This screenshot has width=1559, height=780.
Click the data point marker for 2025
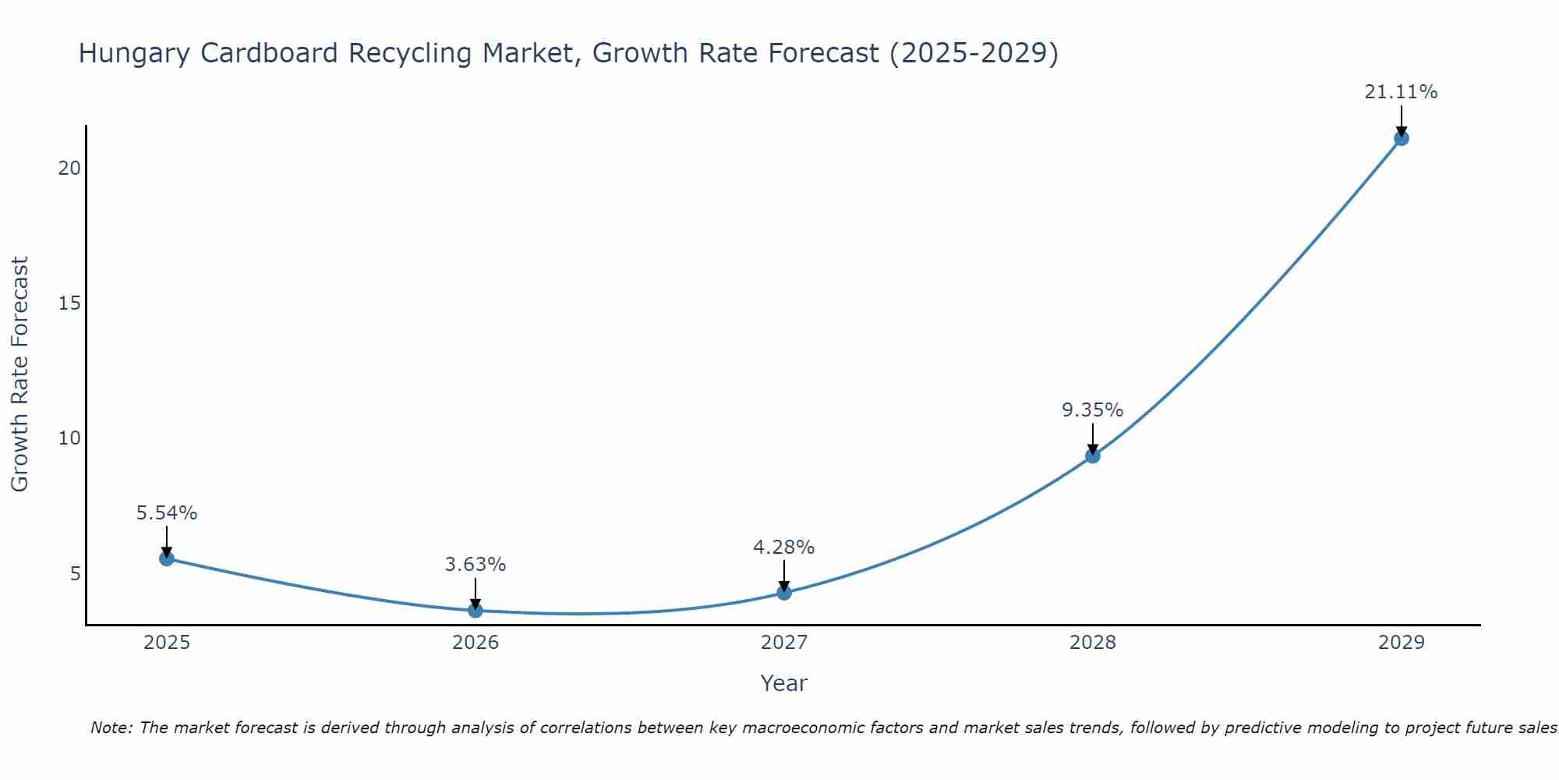coord(166,558)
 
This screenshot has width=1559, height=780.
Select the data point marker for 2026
coord(475,610)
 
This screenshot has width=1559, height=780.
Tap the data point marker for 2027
coord(784,593)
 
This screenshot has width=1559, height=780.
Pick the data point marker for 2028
coord(1093,456)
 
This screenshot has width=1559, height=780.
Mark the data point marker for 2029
coord(1401,139)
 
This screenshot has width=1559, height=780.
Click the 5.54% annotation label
coord(167,513)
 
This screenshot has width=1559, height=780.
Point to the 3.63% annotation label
coord(475,565)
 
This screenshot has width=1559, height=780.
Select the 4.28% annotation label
coord(784,548)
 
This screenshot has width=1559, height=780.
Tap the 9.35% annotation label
coord(1093,410)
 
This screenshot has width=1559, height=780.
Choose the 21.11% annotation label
coord(1401,92)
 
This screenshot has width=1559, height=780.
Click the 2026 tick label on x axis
coord(475,643)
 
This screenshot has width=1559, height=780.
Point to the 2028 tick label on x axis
coord(1093,643)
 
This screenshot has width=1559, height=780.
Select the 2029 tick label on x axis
coord(1401,643)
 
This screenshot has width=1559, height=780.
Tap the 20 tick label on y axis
coord(69,168)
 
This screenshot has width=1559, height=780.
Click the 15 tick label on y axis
coord(69,303)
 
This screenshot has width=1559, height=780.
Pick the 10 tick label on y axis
coord(69,438)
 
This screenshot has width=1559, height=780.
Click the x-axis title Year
coord(784,683)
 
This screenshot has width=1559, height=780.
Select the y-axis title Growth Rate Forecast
coord(20,374)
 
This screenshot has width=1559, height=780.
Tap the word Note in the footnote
coord(111,729)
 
